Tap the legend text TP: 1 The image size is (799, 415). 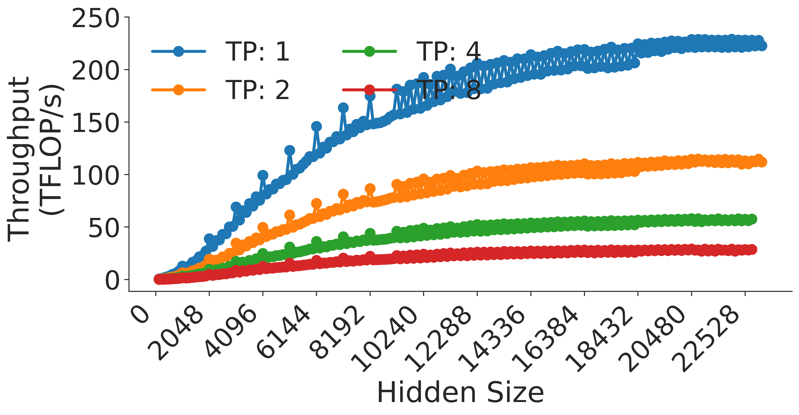[257, 51]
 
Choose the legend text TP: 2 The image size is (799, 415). [257, 90]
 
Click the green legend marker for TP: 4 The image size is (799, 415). [369, 51]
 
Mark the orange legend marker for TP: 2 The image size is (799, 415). [178, 90]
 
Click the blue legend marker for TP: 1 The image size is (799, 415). [178, 51]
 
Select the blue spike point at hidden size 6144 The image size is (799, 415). [316, 126]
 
